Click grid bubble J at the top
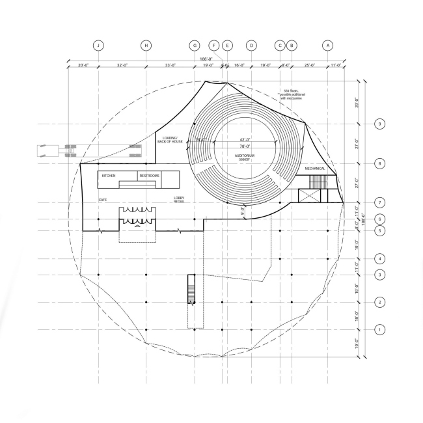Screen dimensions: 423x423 coord(98,46)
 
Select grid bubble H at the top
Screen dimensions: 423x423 coord(146,46)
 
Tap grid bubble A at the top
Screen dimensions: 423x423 coord(328,46)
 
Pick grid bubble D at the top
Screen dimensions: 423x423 coord(251,46)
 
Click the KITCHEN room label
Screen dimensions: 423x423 coord(108,176)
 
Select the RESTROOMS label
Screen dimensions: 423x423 coord(149,176)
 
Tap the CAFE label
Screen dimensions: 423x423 coord(103,199)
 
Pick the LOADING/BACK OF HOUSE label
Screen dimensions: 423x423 coord(172,139)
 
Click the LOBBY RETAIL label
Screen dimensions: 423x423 coord(178,200)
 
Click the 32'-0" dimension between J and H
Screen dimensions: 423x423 coord(122,65)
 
